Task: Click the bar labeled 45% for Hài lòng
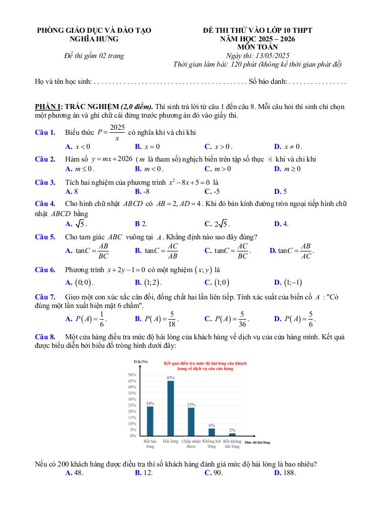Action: (171, 408)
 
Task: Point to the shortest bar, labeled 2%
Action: (232, 434)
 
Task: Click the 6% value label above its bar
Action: (212, 425)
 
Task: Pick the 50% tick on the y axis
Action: (133, 375)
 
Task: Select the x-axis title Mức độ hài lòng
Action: (257, 443)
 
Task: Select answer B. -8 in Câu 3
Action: (142, 191)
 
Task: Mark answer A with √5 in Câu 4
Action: (76, 224)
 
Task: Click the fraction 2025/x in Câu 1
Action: (117, 132)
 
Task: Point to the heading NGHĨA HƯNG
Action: (96, 38)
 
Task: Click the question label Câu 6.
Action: (45, 270)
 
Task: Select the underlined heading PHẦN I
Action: (46, 107)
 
